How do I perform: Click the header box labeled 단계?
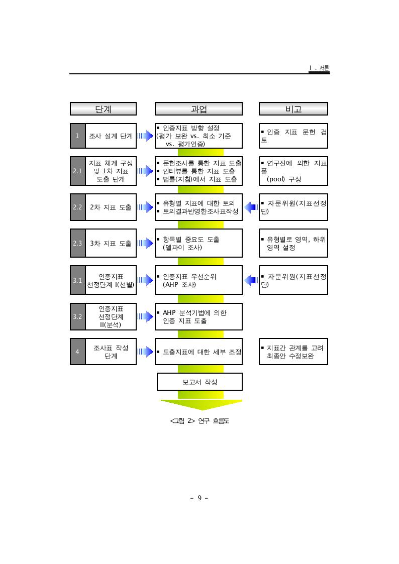point(103,109)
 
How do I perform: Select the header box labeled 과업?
point(198,109)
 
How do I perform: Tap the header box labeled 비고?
point(293,109)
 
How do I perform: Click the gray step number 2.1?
point(78,171)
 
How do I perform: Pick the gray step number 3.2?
point(78,316)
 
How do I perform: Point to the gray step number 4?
point(78,352)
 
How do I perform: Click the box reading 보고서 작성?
point(199,382)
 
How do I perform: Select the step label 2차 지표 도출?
point(111,207)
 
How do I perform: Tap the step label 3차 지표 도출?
point(111,244)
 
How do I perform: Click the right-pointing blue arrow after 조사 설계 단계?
point(146,136)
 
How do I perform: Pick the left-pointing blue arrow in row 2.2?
point(251,207)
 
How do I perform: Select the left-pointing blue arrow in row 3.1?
point(251,280)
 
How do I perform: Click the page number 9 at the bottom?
point(199,498)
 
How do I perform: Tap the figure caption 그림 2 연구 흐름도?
point(199,421)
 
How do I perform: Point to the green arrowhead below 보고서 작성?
point(201,405)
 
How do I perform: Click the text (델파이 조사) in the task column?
point(182,248)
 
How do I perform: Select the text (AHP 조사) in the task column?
point(179,285)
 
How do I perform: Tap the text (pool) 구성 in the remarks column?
point(284,179)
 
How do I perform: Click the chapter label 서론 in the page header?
point(324,68)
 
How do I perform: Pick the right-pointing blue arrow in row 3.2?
point(146,316)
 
